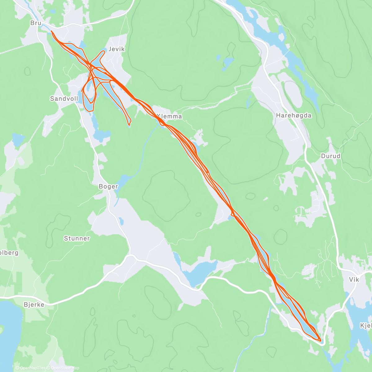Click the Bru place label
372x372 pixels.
click(36, 23)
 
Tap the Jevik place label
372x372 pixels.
click(116, 49)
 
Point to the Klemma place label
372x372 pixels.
click(169, 117)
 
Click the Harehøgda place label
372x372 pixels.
click(294, 115)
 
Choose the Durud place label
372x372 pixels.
click(330, 156)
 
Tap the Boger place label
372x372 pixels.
click(108, 186)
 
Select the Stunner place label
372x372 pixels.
click(77, 238)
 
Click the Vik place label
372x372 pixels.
click(354, 279)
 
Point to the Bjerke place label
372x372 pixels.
click(34, 305)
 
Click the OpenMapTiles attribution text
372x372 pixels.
click(30, 368)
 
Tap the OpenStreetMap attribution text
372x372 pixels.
click(64, 368)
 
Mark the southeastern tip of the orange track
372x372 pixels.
click(320, 340)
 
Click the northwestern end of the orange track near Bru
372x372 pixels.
click(51, 31)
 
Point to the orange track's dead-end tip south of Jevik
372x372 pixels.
click(129, 125)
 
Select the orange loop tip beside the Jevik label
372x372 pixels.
click(103, 51)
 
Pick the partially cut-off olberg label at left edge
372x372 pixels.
click(9, 253)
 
